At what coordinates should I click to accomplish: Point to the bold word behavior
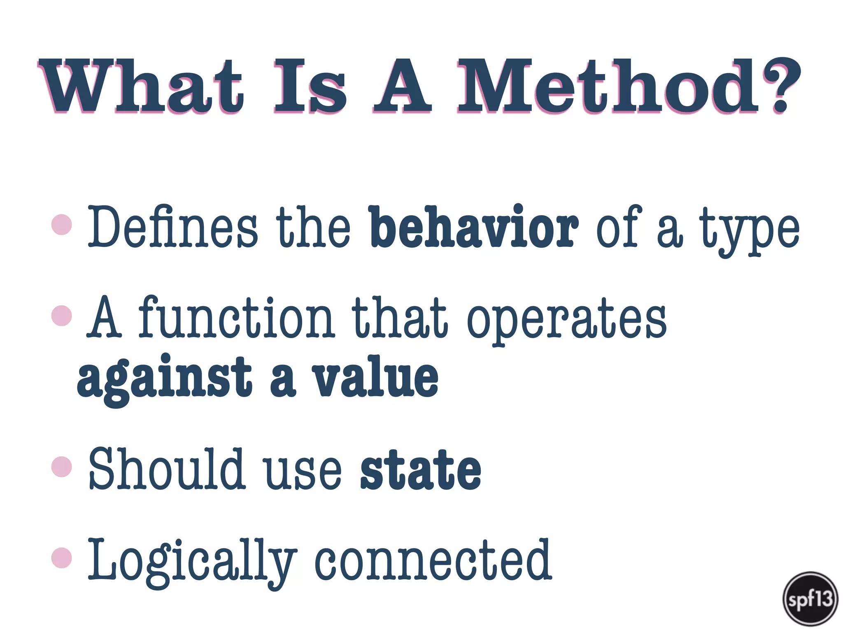(473, 227)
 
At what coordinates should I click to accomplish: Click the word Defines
(173, 227)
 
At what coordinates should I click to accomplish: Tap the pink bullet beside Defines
(62, 225)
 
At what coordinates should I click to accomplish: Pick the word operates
(566, 321)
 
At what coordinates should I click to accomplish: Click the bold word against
(165, 379)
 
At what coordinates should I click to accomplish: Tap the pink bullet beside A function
(62, 316)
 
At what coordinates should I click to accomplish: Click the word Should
(167, 469)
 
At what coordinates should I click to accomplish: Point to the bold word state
(421, 470)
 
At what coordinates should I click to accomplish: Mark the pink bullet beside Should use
(62, 467)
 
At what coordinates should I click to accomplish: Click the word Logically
(191, 562)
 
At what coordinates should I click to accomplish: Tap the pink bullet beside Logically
(62, 558)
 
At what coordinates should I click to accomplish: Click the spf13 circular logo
(810, 599)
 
